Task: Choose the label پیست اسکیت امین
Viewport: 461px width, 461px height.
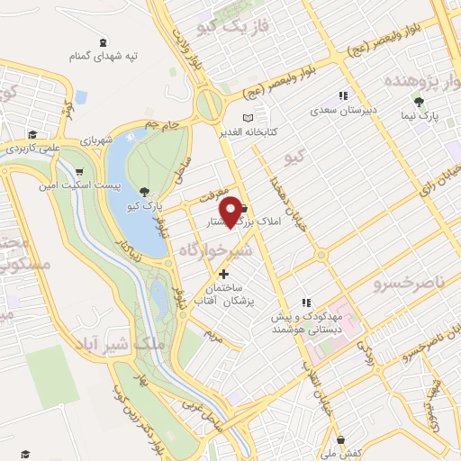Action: [x=67, y=186]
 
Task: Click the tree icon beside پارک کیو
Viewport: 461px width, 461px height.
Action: [x=145, y=191]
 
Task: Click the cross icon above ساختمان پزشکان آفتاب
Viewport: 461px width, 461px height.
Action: [x=223, y=273]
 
